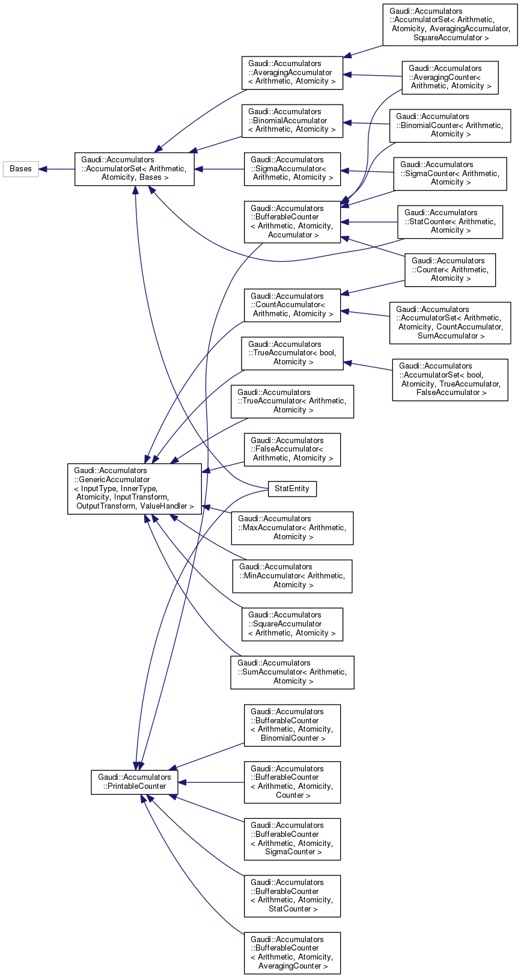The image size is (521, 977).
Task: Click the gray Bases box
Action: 20,169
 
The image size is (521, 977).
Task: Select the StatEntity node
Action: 291,489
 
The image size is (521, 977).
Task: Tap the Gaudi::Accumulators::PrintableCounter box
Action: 134,782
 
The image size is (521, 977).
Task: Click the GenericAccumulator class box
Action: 134,488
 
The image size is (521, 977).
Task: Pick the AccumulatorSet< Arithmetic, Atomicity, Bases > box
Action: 134,169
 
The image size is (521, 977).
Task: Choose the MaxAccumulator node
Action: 292,528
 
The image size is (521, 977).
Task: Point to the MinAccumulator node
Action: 292,576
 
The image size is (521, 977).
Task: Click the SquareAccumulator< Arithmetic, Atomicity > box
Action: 292,624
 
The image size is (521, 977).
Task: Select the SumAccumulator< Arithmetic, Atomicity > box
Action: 292,672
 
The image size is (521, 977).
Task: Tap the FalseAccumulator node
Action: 292,449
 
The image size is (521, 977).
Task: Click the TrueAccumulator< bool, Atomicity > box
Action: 292,353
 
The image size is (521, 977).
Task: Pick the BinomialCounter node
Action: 449,125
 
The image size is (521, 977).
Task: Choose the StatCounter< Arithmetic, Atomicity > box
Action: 449,221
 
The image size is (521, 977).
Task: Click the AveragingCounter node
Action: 449,77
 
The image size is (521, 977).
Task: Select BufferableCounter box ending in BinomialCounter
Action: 292,725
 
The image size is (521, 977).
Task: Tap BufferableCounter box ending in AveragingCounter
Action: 292,953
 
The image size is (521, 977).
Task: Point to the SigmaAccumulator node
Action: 292,169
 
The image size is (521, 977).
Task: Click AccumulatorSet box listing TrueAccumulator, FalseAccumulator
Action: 449,379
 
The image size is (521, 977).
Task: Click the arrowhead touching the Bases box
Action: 43,169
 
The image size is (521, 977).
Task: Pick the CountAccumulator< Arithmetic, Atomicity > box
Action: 292,305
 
